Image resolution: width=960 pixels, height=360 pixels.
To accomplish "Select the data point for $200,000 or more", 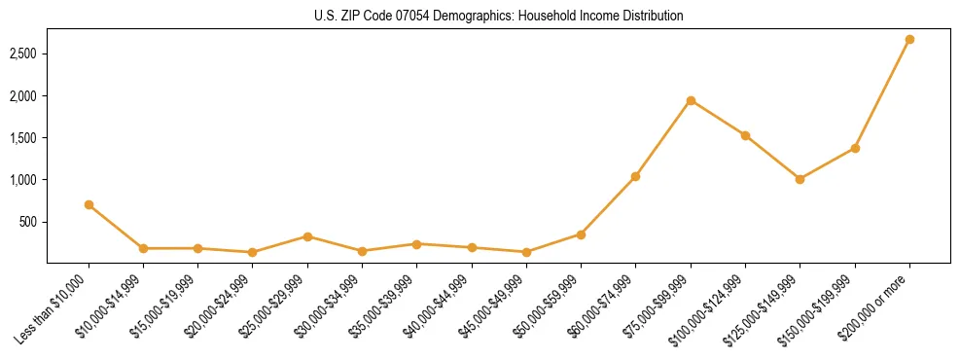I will [909, 40].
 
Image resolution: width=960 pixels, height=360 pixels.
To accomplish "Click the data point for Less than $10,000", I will [89, 204].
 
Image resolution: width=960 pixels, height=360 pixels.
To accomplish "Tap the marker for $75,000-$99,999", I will [691, 100].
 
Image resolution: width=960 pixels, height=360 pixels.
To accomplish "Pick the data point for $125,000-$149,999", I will [800, 179].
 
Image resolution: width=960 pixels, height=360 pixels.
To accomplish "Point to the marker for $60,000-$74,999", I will [635, 176].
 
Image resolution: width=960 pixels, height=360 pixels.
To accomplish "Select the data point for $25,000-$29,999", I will [307, 236].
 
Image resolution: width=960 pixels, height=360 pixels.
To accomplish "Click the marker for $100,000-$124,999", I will [745, 135].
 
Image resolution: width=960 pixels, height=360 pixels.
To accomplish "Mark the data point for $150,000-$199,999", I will [855, 148].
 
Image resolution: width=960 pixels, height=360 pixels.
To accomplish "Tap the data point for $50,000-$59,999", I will [581, 234].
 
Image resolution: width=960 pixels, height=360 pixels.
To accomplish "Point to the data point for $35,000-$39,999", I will [416, 244].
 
